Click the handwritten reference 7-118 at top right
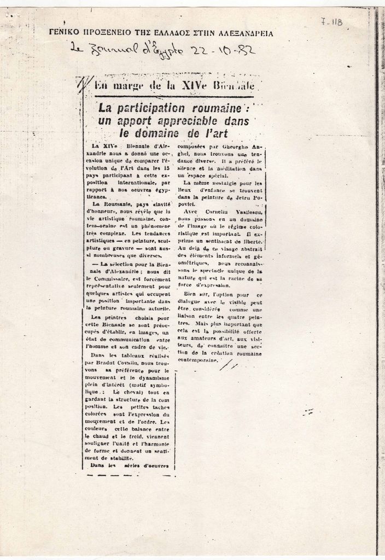pos(331,22)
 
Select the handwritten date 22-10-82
pos(221,52)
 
